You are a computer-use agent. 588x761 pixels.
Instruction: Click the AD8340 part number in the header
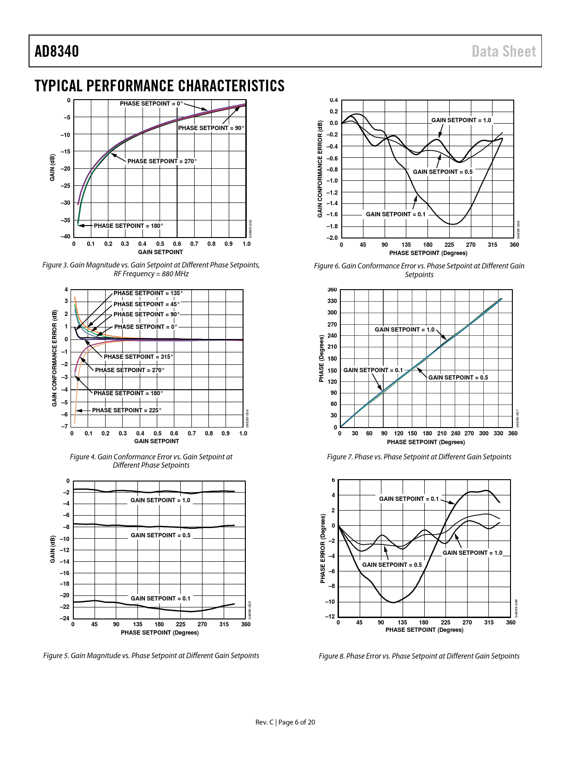point(57,51)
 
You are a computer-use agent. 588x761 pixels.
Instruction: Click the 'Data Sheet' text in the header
point(504,51)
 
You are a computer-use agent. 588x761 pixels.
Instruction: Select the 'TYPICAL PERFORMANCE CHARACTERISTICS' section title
point(160,86)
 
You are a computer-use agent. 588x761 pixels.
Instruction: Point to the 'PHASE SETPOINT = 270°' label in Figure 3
point(162,161)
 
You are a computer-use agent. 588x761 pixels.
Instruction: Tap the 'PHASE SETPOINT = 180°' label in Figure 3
point(128,226)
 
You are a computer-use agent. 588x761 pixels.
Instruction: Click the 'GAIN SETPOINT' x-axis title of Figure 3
point(160,252)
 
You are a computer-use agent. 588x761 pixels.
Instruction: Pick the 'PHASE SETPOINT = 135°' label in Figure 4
point(148,293)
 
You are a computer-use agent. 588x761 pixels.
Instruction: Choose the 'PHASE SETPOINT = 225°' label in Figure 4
point(127,410)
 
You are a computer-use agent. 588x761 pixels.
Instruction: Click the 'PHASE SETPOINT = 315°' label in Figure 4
point(138,357)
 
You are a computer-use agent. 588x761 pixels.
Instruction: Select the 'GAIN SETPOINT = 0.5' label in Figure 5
point(160,535)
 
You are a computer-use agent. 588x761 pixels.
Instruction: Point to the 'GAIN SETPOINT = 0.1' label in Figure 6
point(396,214)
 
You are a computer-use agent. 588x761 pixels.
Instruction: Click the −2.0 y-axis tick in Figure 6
point(332,238)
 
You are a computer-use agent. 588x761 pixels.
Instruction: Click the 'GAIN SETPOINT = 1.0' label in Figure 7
point(404,330)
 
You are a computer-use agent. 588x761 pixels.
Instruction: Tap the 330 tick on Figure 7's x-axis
point(498,434)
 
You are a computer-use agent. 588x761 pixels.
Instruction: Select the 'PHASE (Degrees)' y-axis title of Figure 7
point(321,358)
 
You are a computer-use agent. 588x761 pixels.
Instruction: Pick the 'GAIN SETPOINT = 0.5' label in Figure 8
point(392,565)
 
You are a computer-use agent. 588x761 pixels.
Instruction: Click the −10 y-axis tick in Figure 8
point(330,602)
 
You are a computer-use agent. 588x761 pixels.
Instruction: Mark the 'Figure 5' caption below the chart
point(151,656)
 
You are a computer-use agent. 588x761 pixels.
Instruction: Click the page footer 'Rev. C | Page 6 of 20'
point(285,722)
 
